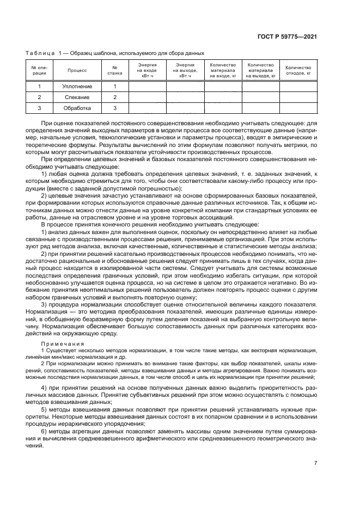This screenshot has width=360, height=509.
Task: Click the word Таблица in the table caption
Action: (40, 53)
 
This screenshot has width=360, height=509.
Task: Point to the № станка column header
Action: (115, 70)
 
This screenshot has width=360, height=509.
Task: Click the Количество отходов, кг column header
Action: (298, 70)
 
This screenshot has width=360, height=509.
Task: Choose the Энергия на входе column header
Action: (147, 70)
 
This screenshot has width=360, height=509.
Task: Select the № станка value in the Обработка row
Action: (115, 108)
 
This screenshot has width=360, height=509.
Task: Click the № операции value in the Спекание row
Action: (39, 97)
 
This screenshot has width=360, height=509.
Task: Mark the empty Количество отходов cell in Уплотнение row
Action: (298, 87)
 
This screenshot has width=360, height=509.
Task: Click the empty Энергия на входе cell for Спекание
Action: (147, 97)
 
